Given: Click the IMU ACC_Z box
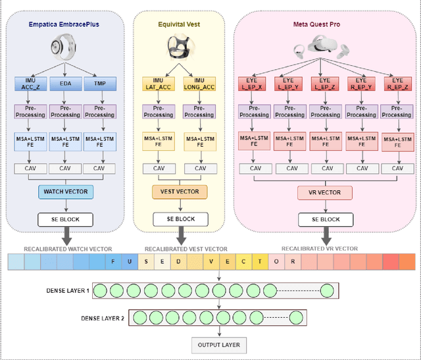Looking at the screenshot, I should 28,84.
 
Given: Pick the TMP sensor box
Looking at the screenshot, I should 99,84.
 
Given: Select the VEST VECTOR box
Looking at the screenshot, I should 180,192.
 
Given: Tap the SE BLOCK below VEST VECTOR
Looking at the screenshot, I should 180,219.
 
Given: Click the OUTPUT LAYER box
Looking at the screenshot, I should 217,344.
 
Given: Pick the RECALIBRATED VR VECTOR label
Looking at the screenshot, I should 320,248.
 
